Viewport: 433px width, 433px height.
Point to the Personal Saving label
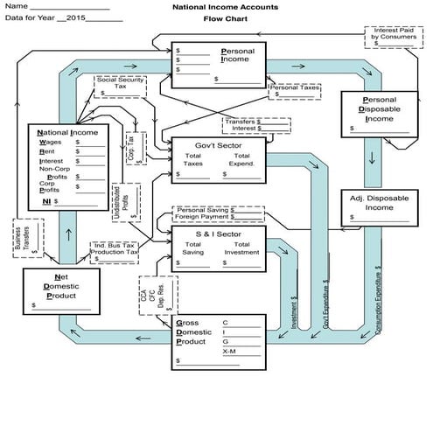pos(203,210)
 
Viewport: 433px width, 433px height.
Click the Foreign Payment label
pos(203,219)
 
